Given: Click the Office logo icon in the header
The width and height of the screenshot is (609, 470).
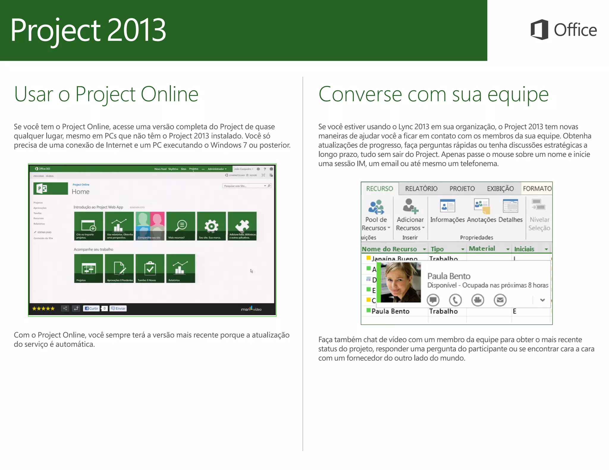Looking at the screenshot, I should coord(539,30).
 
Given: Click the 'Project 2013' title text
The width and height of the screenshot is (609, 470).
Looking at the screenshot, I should coord(88,30).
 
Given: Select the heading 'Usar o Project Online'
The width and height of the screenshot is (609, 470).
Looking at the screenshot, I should coord(106,94).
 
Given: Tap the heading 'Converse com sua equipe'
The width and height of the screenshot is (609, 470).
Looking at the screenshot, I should coord(433,94).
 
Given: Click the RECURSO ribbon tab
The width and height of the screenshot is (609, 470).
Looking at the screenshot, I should coord(379,189).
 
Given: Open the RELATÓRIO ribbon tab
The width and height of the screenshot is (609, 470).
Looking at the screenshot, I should coord(421,189).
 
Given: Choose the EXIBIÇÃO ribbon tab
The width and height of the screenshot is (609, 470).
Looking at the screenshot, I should coord(500,189).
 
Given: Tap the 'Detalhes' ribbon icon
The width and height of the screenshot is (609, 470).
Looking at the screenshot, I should coord(510,206).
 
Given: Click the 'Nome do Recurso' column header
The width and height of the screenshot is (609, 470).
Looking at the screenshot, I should coord(389,249).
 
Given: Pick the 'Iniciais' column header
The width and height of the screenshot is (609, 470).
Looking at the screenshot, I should coord(524,249).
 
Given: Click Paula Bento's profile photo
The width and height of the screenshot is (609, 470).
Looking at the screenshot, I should coord(401,282).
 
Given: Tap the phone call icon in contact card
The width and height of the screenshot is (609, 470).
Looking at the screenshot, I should coord(455,300).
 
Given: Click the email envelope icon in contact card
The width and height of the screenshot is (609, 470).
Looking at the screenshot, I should coord(500,300).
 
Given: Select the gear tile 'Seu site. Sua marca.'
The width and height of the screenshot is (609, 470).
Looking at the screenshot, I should coord(211,226).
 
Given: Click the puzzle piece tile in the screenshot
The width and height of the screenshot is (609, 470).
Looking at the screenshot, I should coord(242,226).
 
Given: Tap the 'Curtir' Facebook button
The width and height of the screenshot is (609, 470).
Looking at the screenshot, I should coord(92,308).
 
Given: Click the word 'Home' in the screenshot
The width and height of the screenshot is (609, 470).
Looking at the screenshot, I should coord(81,192).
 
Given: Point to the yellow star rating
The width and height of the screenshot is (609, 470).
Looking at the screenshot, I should coord(43,308).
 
